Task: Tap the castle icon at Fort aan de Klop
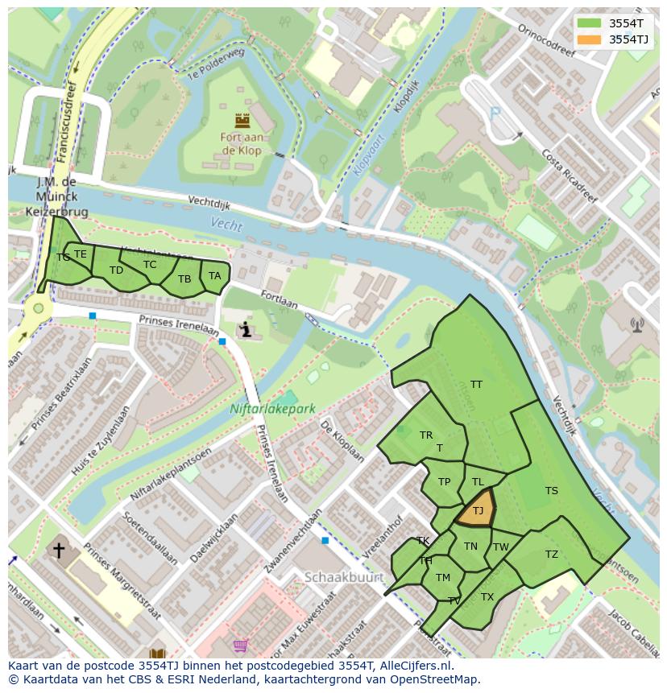coord(242,121)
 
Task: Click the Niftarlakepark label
coord(272,409)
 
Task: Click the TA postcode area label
coord(214,276)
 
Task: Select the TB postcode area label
coord(184,279)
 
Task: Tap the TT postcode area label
coord(476,385)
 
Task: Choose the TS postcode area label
coord(551,491)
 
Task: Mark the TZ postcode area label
coord(551,555)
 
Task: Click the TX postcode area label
coord(487,597)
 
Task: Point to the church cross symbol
coord(59,551)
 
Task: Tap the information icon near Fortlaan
coord(246,330)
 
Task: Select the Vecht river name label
coord(226,225)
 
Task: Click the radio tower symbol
coord(637,325)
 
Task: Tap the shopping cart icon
coord(240,646)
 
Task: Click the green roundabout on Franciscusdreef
coord(37,309)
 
